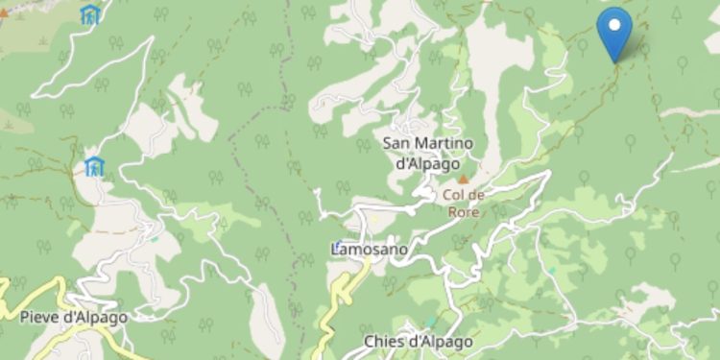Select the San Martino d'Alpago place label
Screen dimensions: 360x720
click(x=428, y=154)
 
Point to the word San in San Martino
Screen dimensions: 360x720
click(x=396, y=144)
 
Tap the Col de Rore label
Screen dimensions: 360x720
click(x=464, y=203)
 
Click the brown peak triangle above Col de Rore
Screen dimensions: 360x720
click(x=464, y=179)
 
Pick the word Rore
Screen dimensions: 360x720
click(x=464, y=212)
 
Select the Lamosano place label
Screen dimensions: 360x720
click(x=370, y=250)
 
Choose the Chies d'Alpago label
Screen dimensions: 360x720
click(x=418, y=342)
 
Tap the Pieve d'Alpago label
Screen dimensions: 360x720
click(x=73, y=316)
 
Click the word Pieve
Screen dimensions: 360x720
click(x=39, y=316)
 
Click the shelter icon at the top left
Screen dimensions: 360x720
click(x=90, y=14)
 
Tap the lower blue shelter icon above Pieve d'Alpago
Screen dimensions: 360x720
click(x=94, y=167)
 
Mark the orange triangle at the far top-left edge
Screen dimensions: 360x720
click(x=3, y=14)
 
